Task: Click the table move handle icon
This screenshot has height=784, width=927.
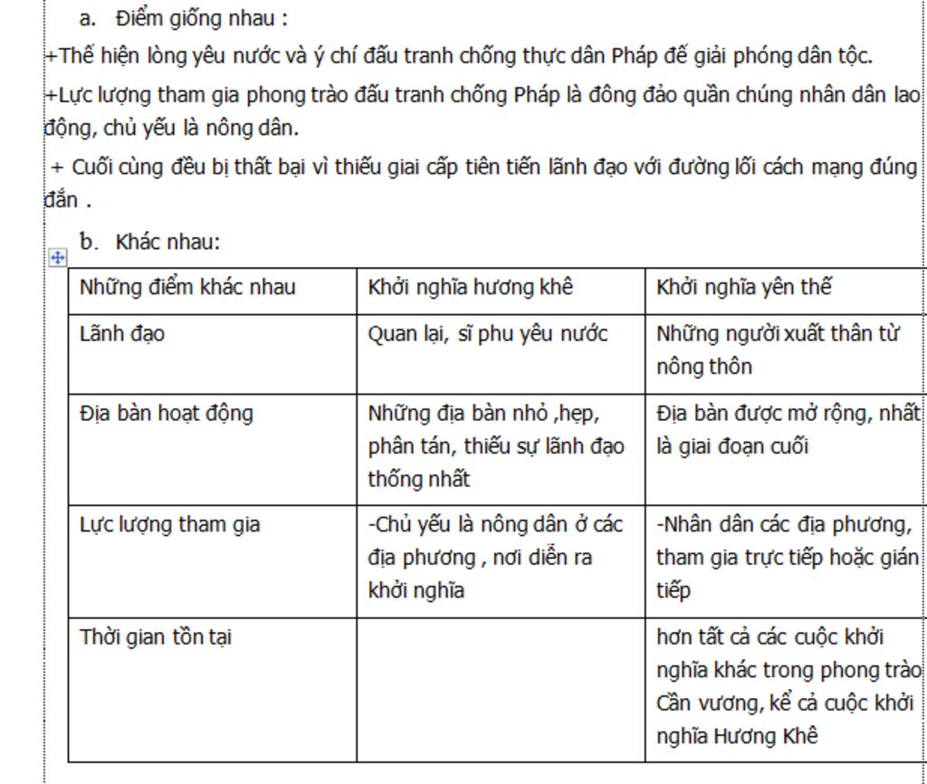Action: [57, 258]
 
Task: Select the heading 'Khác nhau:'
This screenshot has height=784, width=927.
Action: [167, 242]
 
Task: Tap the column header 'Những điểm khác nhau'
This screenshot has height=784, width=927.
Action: [187, 288]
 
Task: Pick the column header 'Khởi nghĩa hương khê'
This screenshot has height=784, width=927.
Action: [470, 288]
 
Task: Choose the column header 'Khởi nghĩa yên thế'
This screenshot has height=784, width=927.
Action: [743, 288]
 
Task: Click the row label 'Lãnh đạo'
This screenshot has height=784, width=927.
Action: [122, 334]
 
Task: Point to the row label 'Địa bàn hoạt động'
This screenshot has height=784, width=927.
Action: [167, 414]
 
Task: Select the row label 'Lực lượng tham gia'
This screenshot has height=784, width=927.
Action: [169, 524]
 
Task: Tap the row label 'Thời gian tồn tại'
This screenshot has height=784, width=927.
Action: [155, 636]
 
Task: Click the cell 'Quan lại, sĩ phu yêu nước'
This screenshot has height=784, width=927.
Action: [487, 334]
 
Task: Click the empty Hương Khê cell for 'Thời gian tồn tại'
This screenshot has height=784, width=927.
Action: [500, 688]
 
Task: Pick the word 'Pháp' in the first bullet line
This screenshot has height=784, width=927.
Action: [636, 56]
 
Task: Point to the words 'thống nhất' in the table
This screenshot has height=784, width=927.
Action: [418, 480]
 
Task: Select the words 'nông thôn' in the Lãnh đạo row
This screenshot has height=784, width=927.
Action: [703, 367]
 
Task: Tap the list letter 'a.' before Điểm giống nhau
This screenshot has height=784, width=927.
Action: [88, 18]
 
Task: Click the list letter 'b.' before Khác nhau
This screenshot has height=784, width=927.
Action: [88, 242]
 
